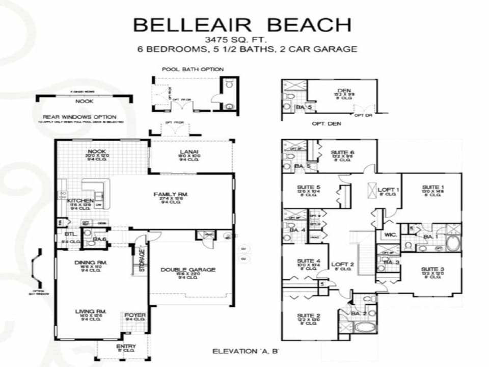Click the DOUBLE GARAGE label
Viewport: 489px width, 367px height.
(x=188, y=270)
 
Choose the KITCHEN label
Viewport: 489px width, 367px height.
(x=80, y=201)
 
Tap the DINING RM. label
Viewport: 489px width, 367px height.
(x=87, y=262)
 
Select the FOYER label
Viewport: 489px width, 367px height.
(x=135, y=315)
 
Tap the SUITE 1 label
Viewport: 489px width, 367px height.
(x=433, y=188)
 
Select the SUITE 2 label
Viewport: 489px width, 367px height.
(x=308, y=316)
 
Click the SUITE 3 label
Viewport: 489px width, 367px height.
(x=432, y=270)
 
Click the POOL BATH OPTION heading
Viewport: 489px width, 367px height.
(x=193, y=69)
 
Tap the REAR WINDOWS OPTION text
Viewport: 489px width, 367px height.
(x=79, y=117)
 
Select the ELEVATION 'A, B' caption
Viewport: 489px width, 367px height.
(x=244, y=351)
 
